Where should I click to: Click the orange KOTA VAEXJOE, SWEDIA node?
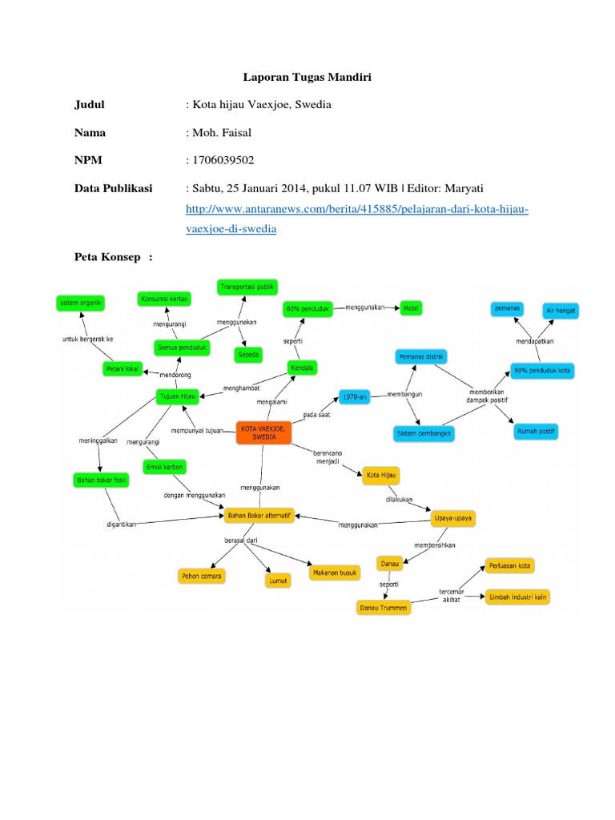[263, 433]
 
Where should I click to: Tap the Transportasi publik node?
[247, 285]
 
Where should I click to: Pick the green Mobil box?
[412, 307]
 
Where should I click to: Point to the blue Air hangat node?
[561, 309]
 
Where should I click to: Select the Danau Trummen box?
[382, 608]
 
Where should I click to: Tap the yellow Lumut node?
[277, 580]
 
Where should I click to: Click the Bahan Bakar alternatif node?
[259, 515]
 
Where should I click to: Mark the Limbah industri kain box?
[518, 597]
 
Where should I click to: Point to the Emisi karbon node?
[164, 466]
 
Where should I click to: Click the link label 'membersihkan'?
[436, 546]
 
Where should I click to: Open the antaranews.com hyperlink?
[356, 210]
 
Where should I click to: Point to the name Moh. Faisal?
[219, 132]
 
